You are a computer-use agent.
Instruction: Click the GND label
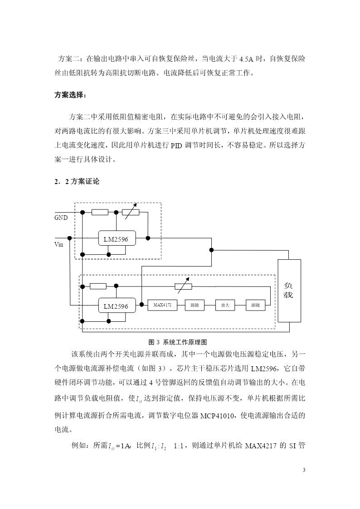pos(61,218)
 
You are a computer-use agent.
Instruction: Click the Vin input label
pos(59,244)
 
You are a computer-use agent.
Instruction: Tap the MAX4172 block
pos(162,305)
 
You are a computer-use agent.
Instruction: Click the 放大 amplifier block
pos(225,305)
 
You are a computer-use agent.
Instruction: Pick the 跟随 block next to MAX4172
pos(195,305)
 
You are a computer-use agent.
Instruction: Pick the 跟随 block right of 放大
pos(255,305)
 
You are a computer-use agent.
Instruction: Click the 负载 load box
pos(289,291)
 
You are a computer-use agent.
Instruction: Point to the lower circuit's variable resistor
pos(184,286)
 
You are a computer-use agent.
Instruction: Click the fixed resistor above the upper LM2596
pos(100,212)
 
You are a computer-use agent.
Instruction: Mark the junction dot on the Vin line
pos(69,238)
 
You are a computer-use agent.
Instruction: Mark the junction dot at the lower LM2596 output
pos(141,305)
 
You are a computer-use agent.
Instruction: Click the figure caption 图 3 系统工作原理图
pos(178,342)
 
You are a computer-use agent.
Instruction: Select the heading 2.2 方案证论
pos(77,181)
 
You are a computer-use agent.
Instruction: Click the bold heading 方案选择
pos(70,96)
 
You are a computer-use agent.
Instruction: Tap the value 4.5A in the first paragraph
pos(246,59)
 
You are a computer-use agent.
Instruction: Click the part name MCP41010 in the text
pos(217,416)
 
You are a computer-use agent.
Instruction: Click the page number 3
pos(304,470)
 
